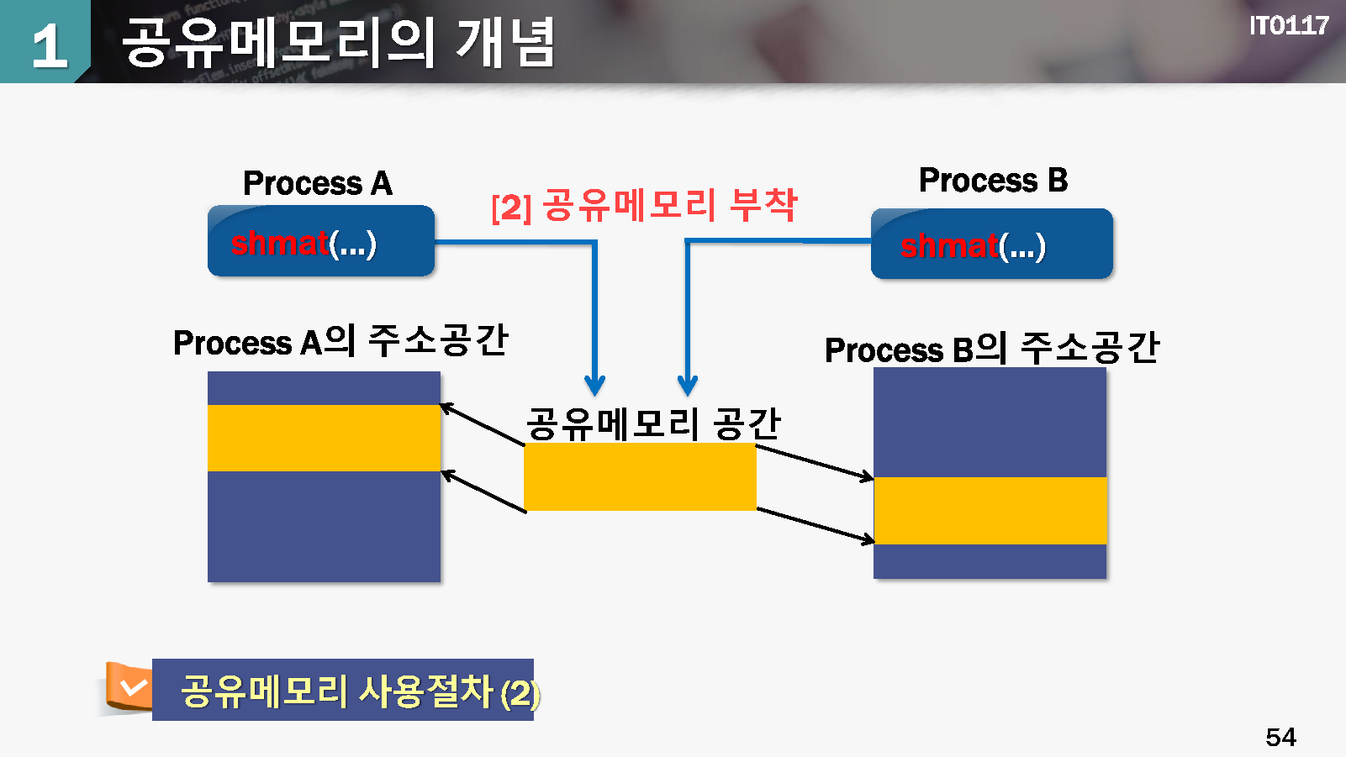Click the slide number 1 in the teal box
coord(50,45)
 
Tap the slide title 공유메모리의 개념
coord(338,42)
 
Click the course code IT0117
coord(1289,26)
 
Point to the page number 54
coord(1280,737)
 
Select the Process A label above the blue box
coord(317,183)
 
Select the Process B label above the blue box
coord(993,180)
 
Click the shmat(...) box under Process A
coord(321,241)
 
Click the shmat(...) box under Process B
coord(991,244)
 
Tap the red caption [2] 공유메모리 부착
coord(644,205)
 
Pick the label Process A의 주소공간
coord(340,341)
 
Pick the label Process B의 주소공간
coord(991,348)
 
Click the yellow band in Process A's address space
coord(324,439)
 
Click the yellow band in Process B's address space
coord(990,511)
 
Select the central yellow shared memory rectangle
coord(640,476)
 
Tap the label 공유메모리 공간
coord(653,423)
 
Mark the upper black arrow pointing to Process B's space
coord(815,463)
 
